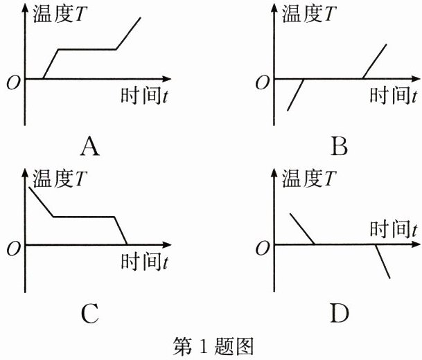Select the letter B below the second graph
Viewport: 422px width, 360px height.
tap(339, 146)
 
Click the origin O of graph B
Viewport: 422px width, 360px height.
tap(262, 83)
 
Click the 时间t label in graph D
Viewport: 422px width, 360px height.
tap(393, 228)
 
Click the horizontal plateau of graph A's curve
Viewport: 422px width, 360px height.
tap(87, 49)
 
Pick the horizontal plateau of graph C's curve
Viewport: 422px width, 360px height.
tap(83, 217)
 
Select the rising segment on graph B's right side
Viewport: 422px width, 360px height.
tap(374, 60)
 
